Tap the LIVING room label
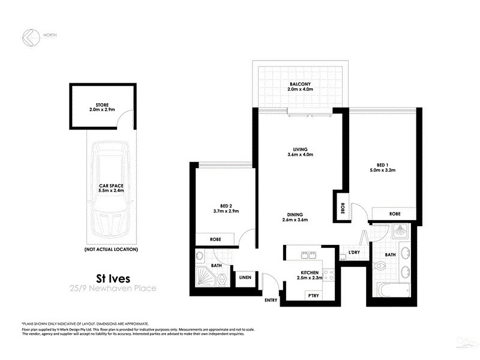pyautogui.click(x=301, y=149)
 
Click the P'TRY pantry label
pyautogui.click(x=313, y=295)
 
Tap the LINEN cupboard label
pyautogui.click(x=244, y=277)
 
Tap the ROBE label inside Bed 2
pyautogui.click(x=215, y=239)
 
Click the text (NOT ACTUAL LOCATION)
pyautogui.click(x=112, y=249)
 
